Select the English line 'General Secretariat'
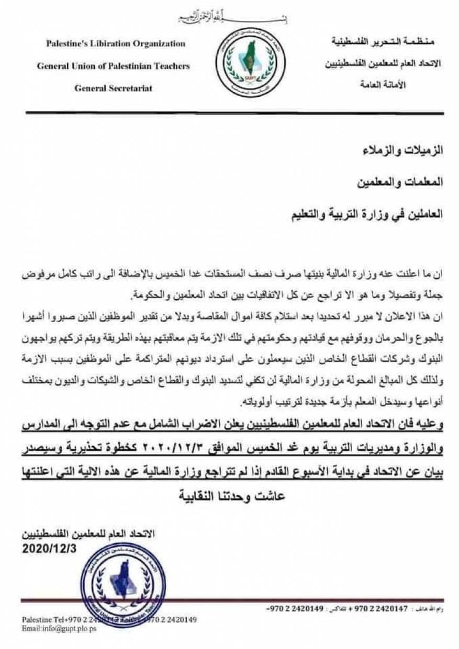pyautogui.click(x=113, y=88)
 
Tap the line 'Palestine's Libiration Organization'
pyautogui.click(x=115, y=44)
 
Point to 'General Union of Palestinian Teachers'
pyautogui.click(x=113, y=66)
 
